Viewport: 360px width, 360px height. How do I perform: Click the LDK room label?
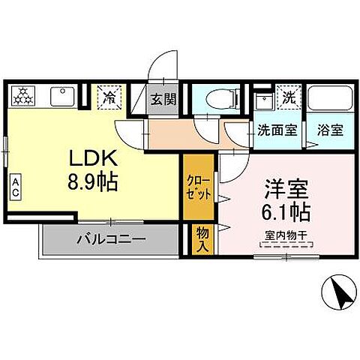click(93, 159)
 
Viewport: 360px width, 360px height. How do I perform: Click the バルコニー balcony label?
click(112, 242)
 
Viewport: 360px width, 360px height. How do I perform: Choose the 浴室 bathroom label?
click(330, 129)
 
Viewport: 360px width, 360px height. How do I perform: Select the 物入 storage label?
click(202, 238)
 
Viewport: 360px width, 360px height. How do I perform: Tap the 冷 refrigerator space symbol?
click(109, 97)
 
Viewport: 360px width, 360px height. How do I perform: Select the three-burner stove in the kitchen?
click(24, 96)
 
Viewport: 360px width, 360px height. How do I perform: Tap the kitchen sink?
click(59, 96)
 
